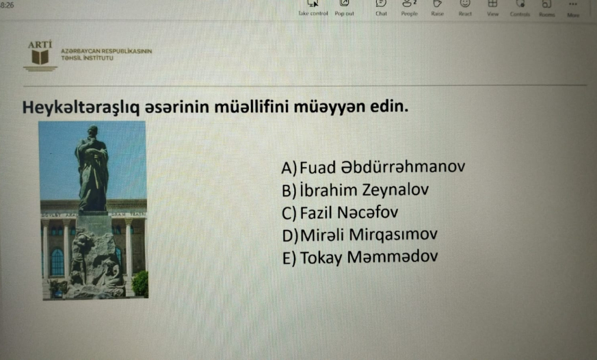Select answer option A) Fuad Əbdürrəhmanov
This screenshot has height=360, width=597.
point(373,167)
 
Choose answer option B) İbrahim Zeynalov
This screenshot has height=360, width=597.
point(355,190)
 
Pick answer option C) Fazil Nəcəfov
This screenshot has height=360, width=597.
point(339,213)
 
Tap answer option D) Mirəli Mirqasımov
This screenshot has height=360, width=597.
point(359,235)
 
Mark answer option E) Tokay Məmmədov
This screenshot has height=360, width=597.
point(359,258)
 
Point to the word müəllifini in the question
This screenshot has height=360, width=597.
point(252,107)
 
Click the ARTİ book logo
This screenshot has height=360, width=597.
point(40,55)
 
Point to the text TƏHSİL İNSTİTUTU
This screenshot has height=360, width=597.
point(88,59)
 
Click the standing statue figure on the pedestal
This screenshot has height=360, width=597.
point(92,168)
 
